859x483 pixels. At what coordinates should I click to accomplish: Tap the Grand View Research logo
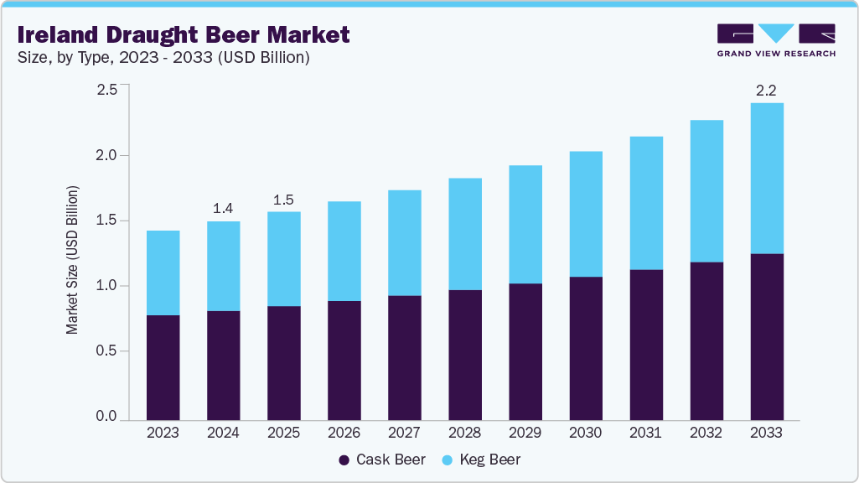[775, 40]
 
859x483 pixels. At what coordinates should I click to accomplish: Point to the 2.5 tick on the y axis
[106, 90]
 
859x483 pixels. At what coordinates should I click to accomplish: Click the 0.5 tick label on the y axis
[106, 351]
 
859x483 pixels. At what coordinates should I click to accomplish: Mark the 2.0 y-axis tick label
[106, 155]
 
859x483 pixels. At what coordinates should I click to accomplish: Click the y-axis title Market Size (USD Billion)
[73, 261]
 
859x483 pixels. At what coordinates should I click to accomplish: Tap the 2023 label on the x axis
[163, 433]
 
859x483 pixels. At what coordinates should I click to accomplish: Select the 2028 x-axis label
[464, 433]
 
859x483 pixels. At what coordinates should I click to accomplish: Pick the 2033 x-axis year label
[766, 433]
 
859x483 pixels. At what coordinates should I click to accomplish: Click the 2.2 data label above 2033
[766, 90]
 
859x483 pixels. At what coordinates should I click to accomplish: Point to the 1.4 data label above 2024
[223, 208]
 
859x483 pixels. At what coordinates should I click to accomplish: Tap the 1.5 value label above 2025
[283, 200]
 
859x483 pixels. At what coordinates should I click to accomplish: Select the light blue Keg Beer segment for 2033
[766, 178]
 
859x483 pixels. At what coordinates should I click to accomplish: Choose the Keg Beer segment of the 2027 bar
[404, 242]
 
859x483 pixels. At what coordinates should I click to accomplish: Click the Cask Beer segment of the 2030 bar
[585, 348]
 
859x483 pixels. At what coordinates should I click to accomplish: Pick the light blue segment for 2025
[283, 258]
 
